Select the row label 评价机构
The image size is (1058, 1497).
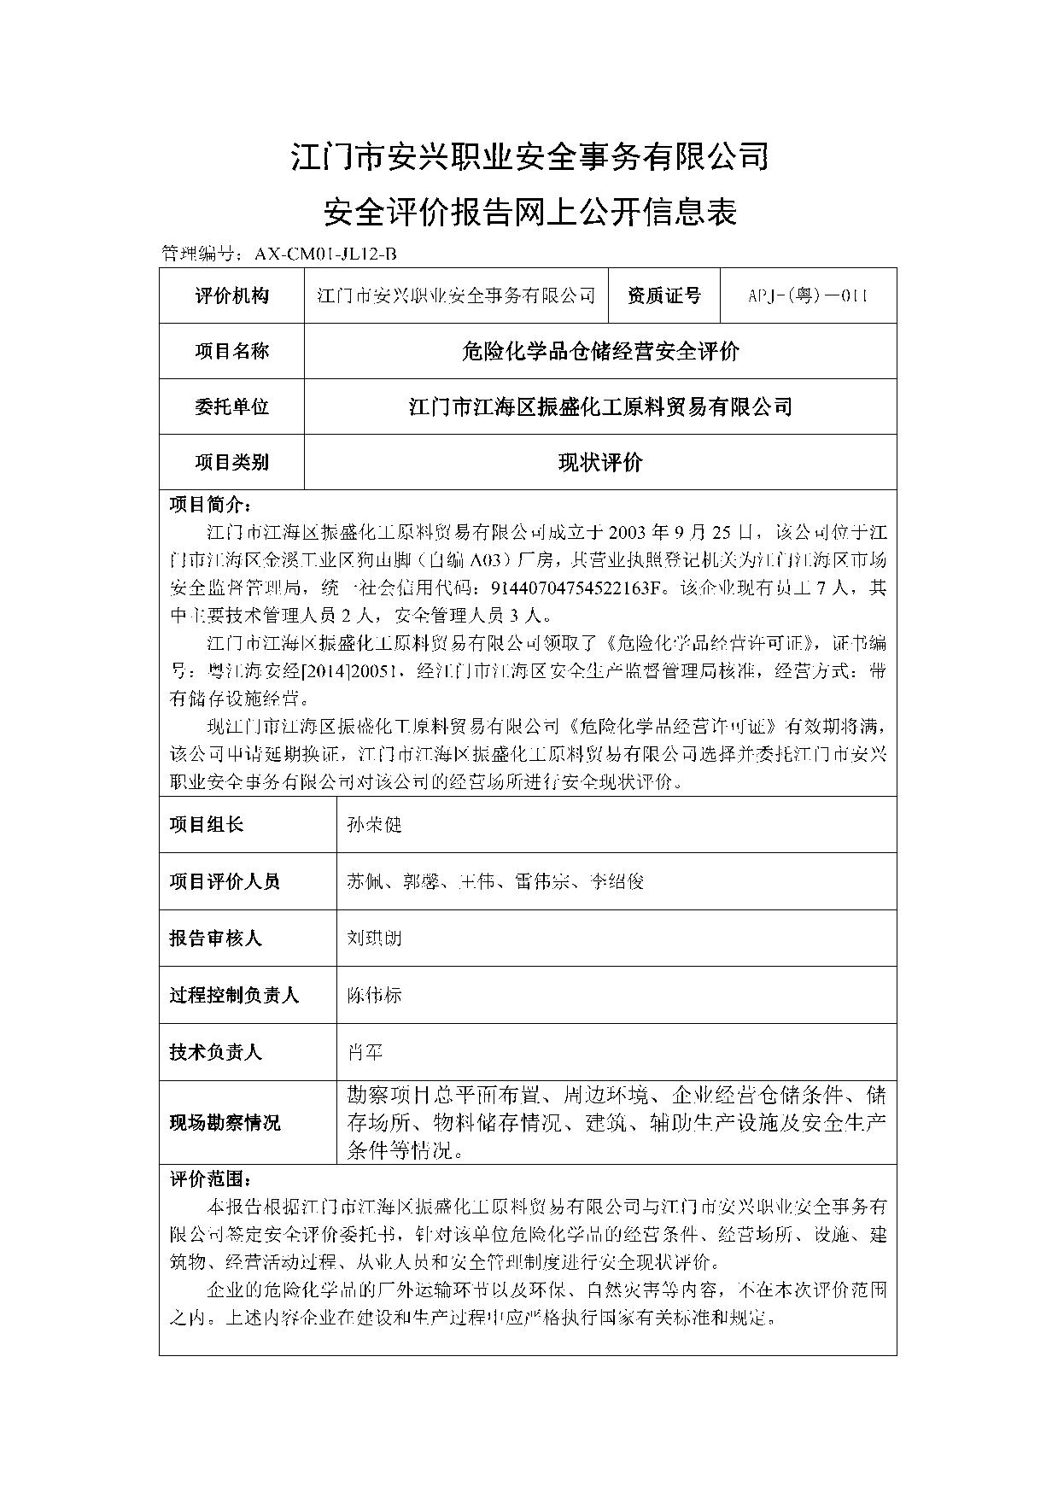click(x=231, y=295)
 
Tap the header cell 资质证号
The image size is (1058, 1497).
click(x=663, y=295)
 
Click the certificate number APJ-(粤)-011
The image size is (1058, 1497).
click(x=808, y=295)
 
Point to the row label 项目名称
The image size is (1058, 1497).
click(x=231, y=351)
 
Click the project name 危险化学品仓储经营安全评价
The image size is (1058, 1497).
click(x=600, y=351)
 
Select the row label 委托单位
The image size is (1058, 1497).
click(x=231, y=406)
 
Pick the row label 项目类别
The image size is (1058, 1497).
click(x=231, y=462)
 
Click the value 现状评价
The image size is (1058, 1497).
click(x=600, y=462)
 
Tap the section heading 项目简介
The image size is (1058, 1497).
click(x=210, y=504)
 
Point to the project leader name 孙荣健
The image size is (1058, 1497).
click(x=374, y=824)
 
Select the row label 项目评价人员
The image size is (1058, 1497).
click(x=225, y=881)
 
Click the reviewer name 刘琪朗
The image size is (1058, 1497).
click(x=374, y=938)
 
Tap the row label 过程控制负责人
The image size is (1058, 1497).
click(x=234, y=995)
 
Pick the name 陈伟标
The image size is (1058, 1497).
click(x=374, y=995)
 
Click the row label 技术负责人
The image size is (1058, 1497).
click(x=215, y=1052)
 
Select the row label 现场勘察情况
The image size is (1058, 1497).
click(x=225, y=1122)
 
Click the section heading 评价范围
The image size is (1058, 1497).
click(x=210, y=1179)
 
